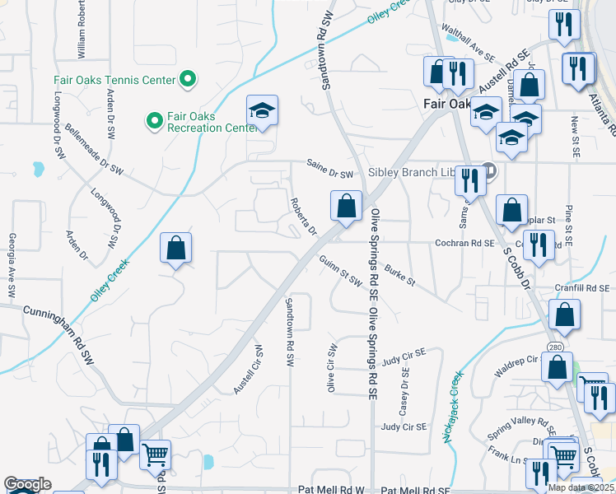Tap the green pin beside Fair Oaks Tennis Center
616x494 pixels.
pyautogui.click(x=188, y=80)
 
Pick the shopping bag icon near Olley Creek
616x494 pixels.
pyautogui.click(x=175, y=248)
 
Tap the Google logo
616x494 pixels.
pyautogui.click(x=27, y=484)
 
